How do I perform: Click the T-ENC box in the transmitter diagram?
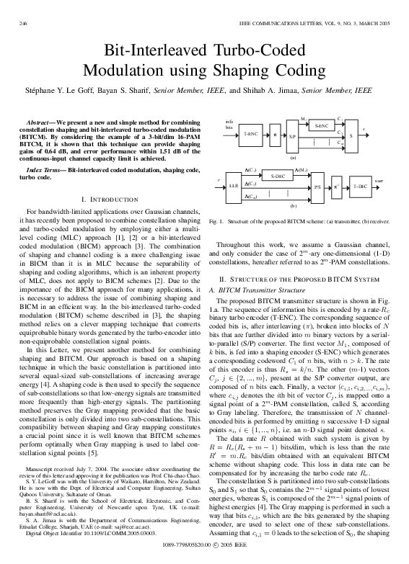click(250, 135)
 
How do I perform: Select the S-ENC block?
click(321, 125)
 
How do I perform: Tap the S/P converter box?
click(292, 135)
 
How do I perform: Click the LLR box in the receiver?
click(234, 185)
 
